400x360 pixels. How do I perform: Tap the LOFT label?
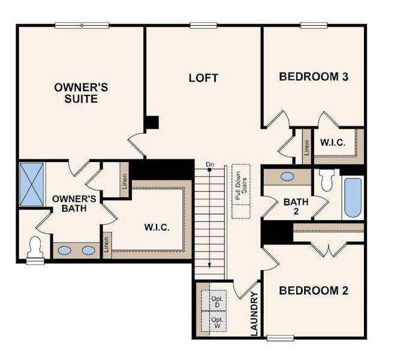click(x=203, y=78)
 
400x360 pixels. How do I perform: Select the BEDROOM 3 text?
click(x=314, y=77)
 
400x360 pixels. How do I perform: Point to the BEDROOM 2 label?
click(x=314, y=291)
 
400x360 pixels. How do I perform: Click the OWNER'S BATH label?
click(x=70, y=203)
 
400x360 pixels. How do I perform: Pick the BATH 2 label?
click(x=296, y=207)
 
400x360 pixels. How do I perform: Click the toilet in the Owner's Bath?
click(x=35, y=249)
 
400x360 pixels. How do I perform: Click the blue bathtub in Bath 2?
click(x=353, y=197)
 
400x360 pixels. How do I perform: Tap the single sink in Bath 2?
click(x=287, y=177)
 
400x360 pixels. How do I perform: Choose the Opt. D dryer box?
click(x=216, y=302)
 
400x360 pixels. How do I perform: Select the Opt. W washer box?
click(x=216, y=323)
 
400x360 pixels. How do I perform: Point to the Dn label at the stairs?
click(x=209, y=164)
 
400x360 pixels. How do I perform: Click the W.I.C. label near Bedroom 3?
click(x=332, y=143)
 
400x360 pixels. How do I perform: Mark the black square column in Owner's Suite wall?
click(x=152, y=122)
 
